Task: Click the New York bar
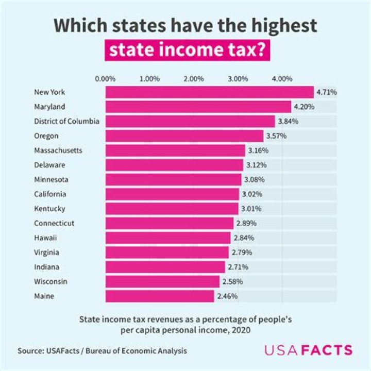coord(209,92)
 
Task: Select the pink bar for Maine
coord(160,296)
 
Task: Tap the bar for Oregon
coord(184,136)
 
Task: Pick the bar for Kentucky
coord(172,209)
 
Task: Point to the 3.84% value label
coord(288,122)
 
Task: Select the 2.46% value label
coord(227,296)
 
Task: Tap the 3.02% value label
coord(251,194)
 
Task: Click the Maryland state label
coord(49,107)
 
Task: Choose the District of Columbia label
coord(66,122)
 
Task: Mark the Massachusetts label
coord(58,150)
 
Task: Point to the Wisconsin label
coord(51,282)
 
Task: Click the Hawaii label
coord(45,238)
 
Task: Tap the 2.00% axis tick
coord(194,79)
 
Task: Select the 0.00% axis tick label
coord(106,79)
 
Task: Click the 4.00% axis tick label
coord(282,79)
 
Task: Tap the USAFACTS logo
coord(309,350)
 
